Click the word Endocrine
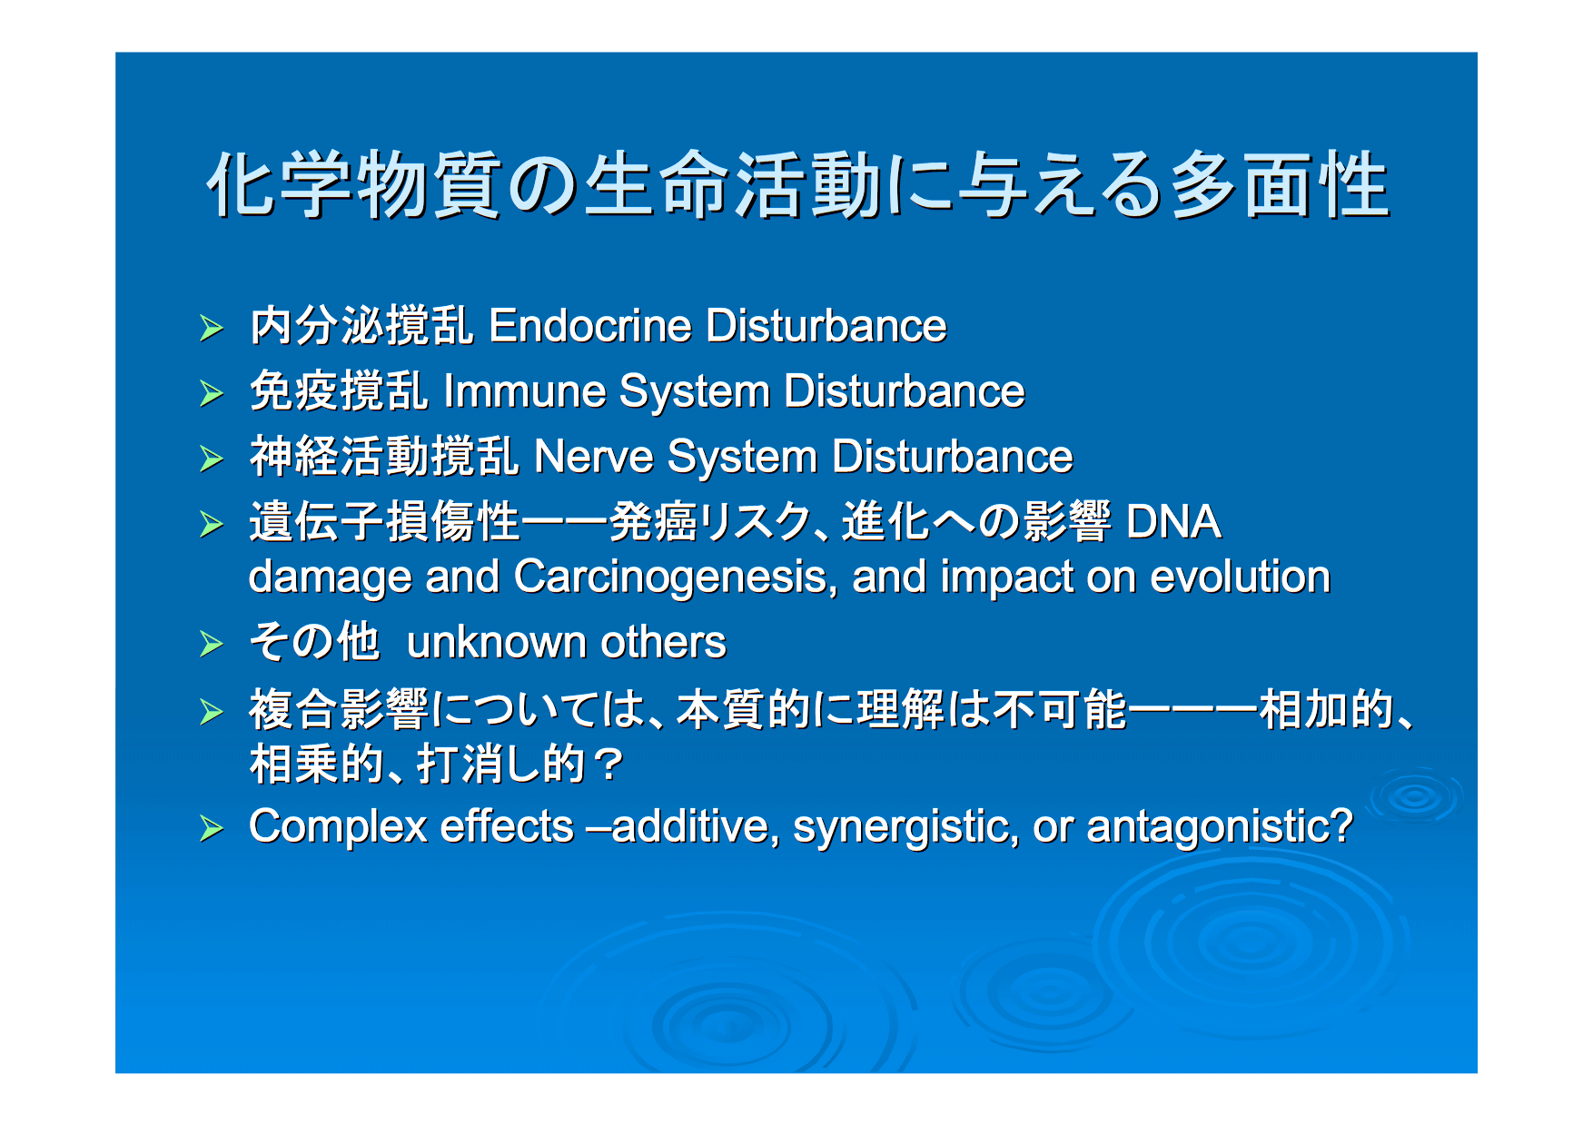589,326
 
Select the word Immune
525,391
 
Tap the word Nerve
594,457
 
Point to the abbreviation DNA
1173,522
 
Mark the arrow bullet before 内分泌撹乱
212,328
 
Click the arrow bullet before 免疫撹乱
212,393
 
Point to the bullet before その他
212,644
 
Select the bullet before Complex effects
212,828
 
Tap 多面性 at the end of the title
1281,184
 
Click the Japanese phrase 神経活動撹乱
384,457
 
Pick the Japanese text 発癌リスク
710,522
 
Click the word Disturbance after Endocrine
826,326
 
